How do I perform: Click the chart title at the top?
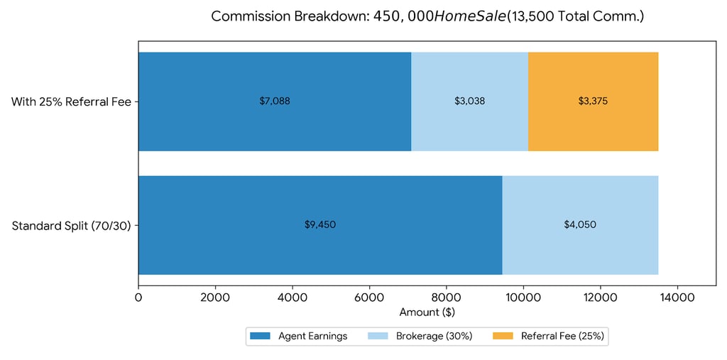(x=427, y=16)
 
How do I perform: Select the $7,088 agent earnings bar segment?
(x=275, y=101)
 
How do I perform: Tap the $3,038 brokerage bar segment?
(x=469, y=101)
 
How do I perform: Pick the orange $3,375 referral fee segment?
(x=593, y=101)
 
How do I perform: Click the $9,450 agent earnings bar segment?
(x=320, y=224)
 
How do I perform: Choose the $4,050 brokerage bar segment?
(x=580, y=224)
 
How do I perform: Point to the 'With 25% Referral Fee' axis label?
(x=71, y=102)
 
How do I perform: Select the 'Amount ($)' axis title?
(x=427, y=312)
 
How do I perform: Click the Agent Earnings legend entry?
(x=298, y=336)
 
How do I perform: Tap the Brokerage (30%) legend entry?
(x=419, y=336)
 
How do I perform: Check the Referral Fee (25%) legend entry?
(x=548, y=336)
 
